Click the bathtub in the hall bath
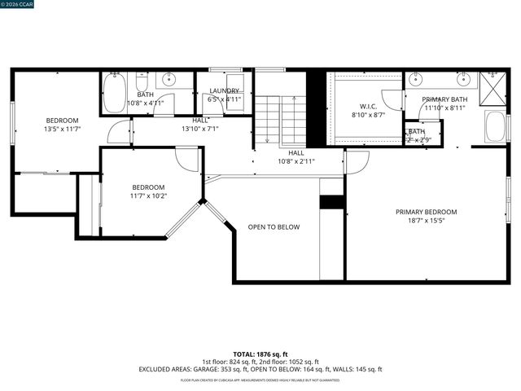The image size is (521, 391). (x=114, y=93)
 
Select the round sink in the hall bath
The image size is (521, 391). (x=170, y=80)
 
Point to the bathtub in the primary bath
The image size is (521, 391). (x=495, y=128)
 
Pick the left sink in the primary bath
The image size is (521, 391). (x=418, y=79)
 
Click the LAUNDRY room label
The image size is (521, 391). (x=224, y=91)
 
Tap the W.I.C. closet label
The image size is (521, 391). (x=368, y=107)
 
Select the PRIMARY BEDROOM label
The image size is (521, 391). (x=426, y=212)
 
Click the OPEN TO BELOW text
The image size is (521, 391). (x=274, y=227)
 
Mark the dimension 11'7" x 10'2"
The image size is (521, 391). (x=148, y=195)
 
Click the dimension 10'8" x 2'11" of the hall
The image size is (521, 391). (x=296, y=160)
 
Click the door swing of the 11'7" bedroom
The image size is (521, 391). (x=188, y=159)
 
